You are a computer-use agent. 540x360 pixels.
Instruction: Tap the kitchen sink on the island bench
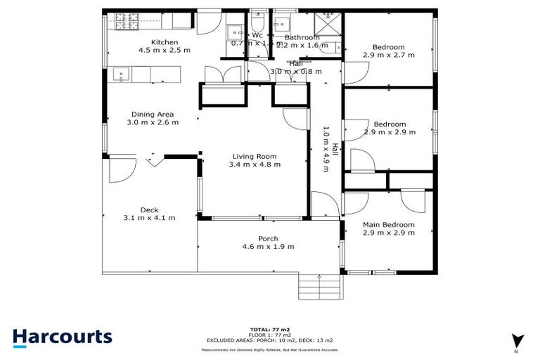(121, 74)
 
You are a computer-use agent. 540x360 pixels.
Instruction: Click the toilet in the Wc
(257, 21)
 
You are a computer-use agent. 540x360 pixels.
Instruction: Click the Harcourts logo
(62, 336)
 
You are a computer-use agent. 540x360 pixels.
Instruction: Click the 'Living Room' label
(254, 157)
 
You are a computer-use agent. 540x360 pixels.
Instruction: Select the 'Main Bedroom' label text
(388, 225)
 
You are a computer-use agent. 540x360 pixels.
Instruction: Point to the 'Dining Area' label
(152, 115)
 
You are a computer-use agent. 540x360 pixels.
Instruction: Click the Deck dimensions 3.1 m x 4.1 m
(148, 218)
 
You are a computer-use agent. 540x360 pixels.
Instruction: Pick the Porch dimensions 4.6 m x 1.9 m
(268, 247)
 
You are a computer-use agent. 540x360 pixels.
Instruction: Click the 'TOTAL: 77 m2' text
(269, 329)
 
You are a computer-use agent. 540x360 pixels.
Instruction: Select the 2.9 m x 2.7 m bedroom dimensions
(389, 54)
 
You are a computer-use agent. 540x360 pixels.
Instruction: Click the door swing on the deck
(122, 169)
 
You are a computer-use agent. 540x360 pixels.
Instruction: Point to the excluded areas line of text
(269, 340)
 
